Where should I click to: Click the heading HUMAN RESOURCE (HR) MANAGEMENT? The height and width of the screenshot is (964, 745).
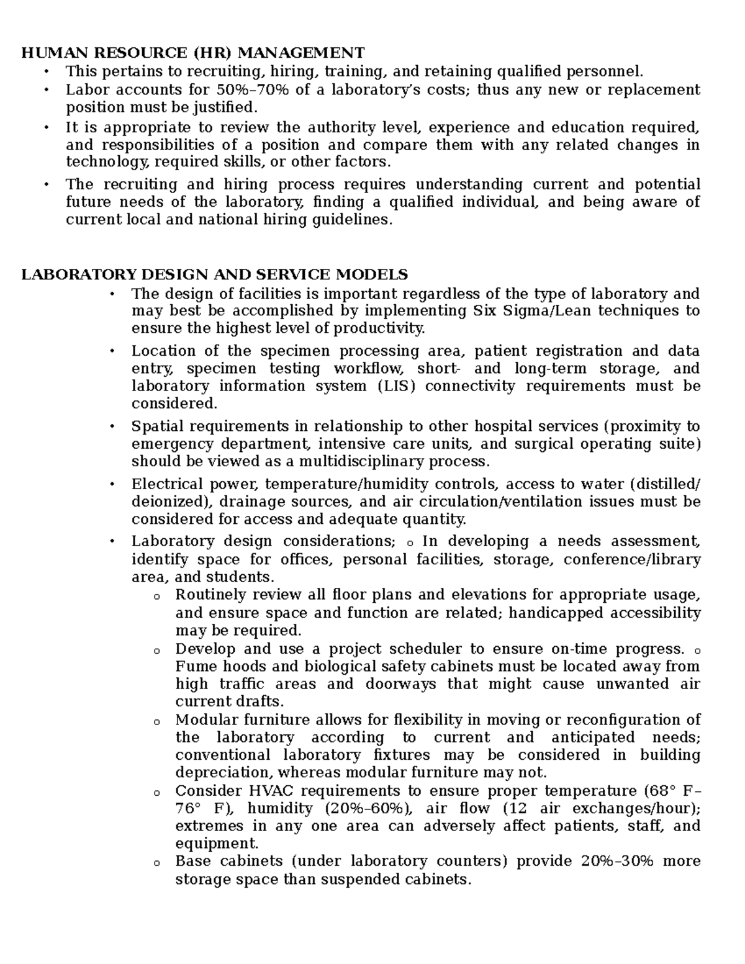[193, 52]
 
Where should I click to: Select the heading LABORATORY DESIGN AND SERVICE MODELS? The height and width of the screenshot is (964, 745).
[215, 274]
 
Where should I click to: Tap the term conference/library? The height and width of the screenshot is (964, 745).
[632, 560]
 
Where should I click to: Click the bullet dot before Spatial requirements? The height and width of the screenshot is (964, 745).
[112, 426]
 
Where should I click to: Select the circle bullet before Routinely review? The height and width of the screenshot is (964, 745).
[156, 597]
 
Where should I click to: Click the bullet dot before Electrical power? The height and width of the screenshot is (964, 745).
[112, 484]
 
